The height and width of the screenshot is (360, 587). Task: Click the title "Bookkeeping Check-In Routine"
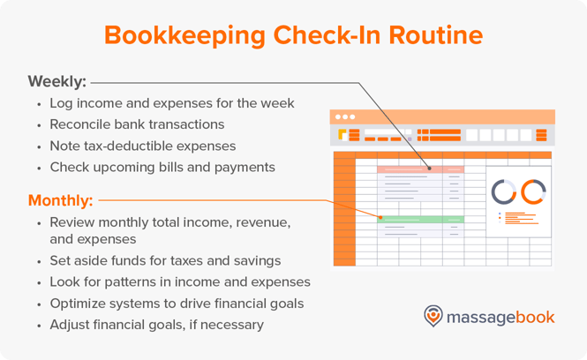[293, 35]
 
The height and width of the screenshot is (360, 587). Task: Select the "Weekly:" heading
[57, 82]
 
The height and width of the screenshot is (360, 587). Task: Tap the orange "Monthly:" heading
[61, 199]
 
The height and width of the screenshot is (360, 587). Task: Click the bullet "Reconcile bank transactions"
[137, 124]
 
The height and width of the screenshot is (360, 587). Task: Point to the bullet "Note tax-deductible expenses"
[143, 146]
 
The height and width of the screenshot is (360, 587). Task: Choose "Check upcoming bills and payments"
[162, 167]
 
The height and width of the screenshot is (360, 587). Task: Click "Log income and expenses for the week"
[172, 103]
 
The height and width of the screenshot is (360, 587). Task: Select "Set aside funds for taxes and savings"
[166, 260]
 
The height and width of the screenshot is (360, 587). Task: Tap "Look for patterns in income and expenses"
[180, 281]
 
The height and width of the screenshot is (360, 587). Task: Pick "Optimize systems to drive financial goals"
[177, 303]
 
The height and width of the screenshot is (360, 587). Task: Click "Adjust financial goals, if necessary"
[156, 324]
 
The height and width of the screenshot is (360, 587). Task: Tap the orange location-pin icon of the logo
[433, 316]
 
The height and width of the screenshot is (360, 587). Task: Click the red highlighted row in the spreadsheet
[420, 169]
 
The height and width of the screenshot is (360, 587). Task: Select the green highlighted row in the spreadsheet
[420, 219]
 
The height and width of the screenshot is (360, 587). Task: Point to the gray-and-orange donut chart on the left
[504, 191]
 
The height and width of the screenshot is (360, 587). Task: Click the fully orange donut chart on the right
[533, 191]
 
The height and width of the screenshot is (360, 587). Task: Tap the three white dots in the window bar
[343, 117]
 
